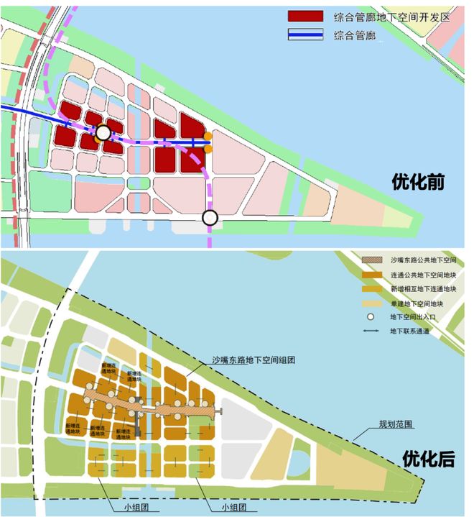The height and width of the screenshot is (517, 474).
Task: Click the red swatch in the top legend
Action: pyautogui.click(x=306, y=17)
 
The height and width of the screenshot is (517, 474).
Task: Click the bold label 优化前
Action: pyautogui.click(x=420, y=182)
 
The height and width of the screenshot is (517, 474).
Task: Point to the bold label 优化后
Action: pyautogui.click(x=428, y=458)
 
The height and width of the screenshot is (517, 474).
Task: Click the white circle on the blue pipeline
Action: pyautogui.click(x=103, y=132)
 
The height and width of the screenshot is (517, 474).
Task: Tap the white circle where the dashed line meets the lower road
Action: pyautogui.click(x=210, y=217)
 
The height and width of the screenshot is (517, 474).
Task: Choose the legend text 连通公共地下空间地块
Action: pyautogui.click(x=424, y=274)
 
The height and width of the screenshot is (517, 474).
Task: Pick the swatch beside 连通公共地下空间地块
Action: pyautogui.click(x=373, y=274)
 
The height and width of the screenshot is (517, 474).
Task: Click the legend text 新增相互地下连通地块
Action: pyautogui.click(x=424, y=289)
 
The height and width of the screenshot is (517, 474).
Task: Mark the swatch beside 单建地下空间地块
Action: pyautogui.click(x=373, y=303)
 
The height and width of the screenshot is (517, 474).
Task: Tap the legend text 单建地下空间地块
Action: pyautogui.click(x=419, y=303)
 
